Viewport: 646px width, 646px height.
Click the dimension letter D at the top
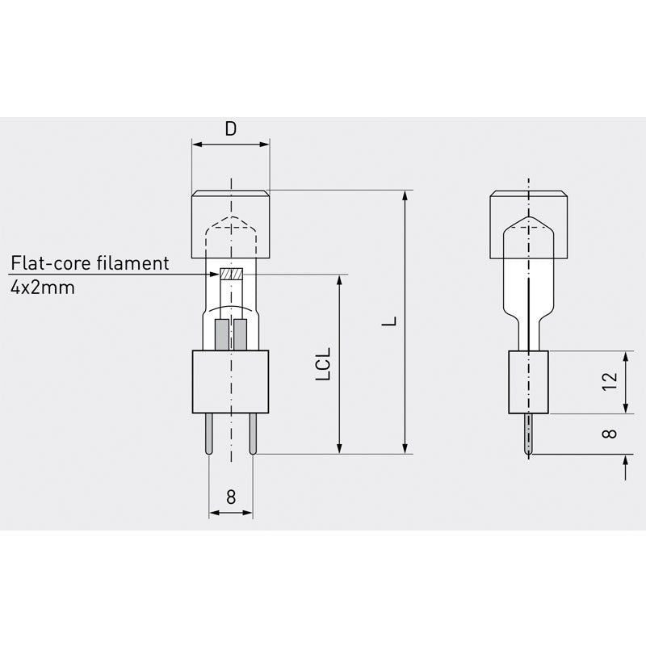(x=231, y=129)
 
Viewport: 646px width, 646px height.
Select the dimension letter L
(x=390, y=321)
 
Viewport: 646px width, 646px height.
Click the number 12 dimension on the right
(x=610, y=382)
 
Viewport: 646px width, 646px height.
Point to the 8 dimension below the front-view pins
(x=231, y=497)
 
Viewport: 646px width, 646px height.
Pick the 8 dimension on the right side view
(x=610, y=433)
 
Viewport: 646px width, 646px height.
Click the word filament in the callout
(x=137, y=263)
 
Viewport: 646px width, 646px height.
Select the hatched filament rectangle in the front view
(x=231, y=275)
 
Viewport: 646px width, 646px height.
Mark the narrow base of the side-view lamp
(x=528, y=382)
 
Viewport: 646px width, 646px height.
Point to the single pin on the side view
(x=529, y=434)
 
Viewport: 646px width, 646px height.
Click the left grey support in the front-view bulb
(x=221, y=333)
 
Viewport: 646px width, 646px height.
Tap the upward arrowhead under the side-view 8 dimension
(x=626, y=461)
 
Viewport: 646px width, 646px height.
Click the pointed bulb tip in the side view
(x=529, y=219)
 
